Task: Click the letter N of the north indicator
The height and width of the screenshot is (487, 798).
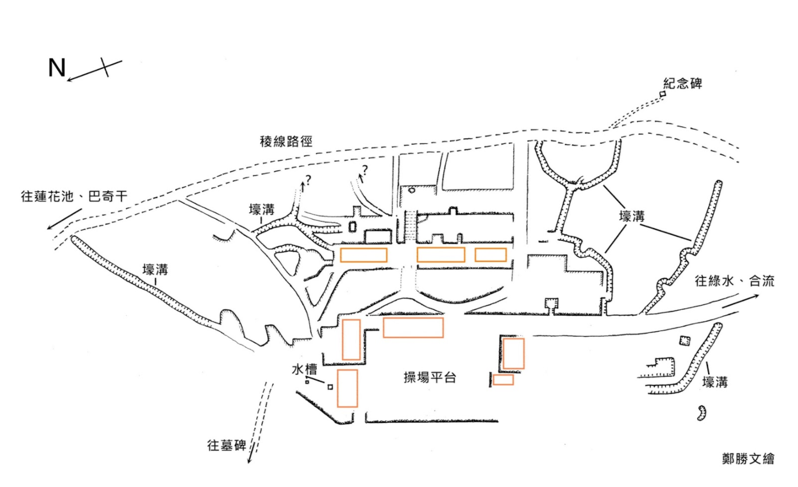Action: coord(57,68)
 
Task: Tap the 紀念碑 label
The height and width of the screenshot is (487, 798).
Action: coord(682,83)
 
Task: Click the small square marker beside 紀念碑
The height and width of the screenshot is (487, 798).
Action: coord(663,94)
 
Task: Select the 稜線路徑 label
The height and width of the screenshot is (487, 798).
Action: coord(286,141)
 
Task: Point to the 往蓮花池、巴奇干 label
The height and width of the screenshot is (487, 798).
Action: coord(74,196)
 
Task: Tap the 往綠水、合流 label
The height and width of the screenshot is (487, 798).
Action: coord(734,281)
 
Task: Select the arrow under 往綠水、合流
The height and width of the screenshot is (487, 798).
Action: coord(740,301)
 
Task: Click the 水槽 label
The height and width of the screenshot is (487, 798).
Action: coord(304,368)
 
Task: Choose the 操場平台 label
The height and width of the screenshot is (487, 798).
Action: coord(430,378)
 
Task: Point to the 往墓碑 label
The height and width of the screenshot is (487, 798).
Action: coord(226,445)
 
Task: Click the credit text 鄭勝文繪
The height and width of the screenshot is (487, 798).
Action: coord(748,458)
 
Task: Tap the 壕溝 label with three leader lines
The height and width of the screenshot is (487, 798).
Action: coord(631,216)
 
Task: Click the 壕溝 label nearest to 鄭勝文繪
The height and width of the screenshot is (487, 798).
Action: coord(715,382)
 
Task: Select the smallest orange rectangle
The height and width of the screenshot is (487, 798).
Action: coord(503,379)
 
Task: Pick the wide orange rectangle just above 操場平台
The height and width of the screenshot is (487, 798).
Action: coord(413,327)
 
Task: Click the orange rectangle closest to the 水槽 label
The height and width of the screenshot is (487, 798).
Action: coord(347,388)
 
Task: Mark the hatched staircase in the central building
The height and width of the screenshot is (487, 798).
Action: coord(410,226)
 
